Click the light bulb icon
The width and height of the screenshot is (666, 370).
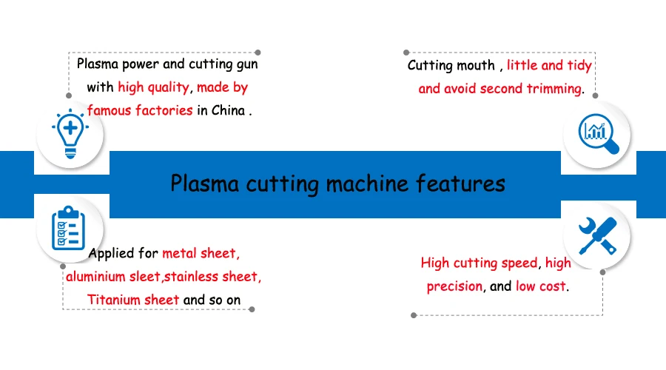pos(70,134)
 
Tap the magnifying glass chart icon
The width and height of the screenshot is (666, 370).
pos(599,133)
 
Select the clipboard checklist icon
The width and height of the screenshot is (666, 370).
pos(68,228)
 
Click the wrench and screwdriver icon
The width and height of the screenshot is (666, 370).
pos(598,236)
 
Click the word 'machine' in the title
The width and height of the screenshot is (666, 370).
pos(366,184)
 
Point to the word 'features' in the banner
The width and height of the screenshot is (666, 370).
pos(460,184)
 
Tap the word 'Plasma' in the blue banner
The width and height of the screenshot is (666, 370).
pos(205,184)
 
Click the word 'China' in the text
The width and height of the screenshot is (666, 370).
pos(228,110)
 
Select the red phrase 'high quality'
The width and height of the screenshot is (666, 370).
pos(153,87)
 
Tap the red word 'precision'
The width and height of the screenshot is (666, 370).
pos(454,286)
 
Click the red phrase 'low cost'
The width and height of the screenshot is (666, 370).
pos(541,286)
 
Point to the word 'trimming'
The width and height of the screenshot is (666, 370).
pos(554,89)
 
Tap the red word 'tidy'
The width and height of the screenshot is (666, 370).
pos(579,65)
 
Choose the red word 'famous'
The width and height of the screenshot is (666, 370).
pos(110,110)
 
